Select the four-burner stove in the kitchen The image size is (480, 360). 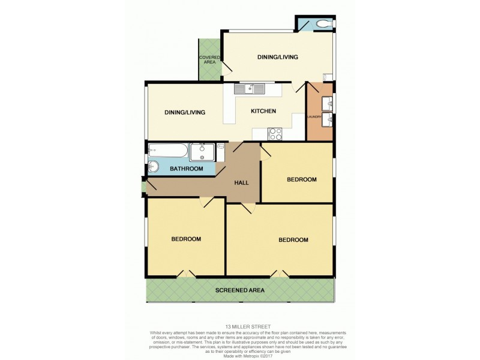(x=275, y=134)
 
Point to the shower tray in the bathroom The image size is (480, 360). (x=203, y=152)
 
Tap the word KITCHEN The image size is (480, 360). (x=263, y=112)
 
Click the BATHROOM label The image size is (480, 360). (x=186, y=169)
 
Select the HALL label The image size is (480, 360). (x=242, y=183)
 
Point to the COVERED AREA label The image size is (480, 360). (x=209, y=59)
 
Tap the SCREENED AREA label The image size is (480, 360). (x=240, y=290)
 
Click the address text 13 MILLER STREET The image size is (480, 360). (x=240, y=327)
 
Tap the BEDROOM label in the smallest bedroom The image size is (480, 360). (x=301, y=179)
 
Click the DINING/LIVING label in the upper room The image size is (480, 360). (x=277, y=57)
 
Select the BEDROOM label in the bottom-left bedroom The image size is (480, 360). (x=186, y=239)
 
